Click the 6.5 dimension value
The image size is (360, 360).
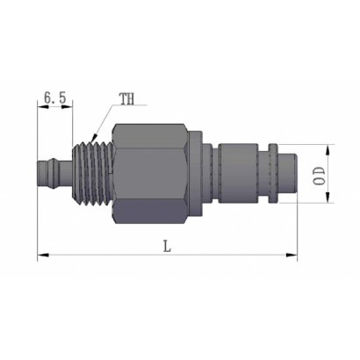55,97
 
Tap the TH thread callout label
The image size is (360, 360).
126,99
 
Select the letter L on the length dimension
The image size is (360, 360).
167,246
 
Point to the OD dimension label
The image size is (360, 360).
320,176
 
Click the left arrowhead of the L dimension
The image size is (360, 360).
43,256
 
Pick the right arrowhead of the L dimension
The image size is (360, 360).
292,256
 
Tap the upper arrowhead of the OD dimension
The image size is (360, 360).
328,150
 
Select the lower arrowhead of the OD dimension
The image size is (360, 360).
328,197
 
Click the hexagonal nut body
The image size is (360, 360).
149,174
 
